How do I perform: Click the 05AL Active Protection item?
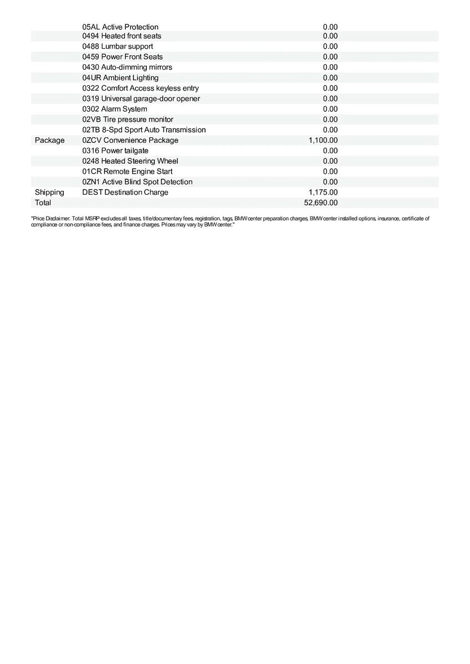click(x=120, y=27)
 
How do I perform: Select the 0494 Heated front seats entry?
click(x=122, y=36)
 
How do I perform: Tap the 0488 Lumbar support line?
click(x=117, y=46)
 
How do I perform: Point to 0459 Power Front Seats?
click(x=122, y=57)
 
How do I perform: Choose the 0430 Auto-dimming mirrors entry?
click(x=127, y=68)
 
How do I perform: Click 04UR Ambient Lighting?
click(x=120, y=78)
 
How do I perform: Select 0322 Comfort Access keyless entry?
click(x=140, y=89)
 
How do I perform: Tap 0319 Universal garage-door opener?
click(x=141, y=98)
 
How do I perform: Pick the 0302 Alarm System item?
click(x=115, y=109)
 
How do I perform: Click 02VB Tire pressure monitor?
click(x=127, y=120)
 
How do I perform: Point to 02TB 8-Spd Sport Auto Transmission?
click(x=144, y=130)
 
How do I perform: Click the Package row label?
click(x=49, y=141)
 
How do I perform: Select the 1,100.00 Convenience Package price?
click(x=323, y=141)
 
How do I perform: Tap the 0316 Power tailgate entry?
click(x=115, y=151)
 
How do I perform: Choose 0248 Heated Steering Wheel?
click(x=130, y=161)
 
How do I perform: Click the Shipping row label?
click(x=49, y=193)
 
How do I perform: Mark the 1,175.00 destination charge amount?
click(x=323, y=193)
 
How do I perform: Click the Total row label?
click(x=43, y=203)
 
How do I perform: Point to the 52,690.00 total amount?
click(x=321, y=203)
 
